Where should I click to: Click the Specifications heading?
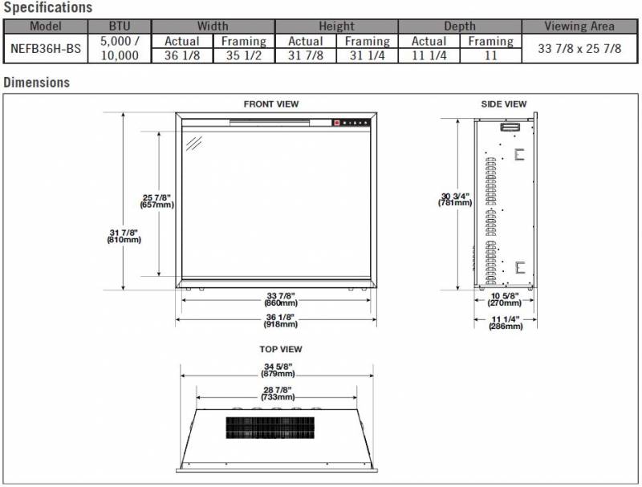[47, 8]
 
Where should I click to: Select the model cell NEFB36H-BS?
[45, 48]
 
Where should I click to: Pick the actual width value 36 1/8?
[181, 55]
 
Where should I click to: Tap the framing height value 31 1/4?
[367, 55]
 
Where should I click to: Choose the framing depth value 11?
[490, 55]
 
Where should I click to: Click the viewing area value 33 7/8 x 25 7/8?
[579, 48]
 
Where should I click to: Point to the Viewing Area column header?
[579, 26]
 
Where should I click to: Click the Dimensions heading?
[37, 83]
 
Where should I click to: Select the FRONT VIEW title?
[271, 104]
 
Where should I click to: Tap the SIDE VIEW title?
[504, 104]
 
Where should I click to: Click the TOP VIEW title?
[280, 350]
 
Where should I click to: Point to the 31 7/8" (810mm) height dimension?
[124, 236]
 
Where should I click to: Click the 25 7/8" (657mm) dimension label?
[157, 201]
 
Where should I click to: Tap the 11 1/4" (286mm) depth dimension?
[504, 323]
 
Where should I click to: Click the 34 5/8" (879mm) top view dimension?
[278, 371]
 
